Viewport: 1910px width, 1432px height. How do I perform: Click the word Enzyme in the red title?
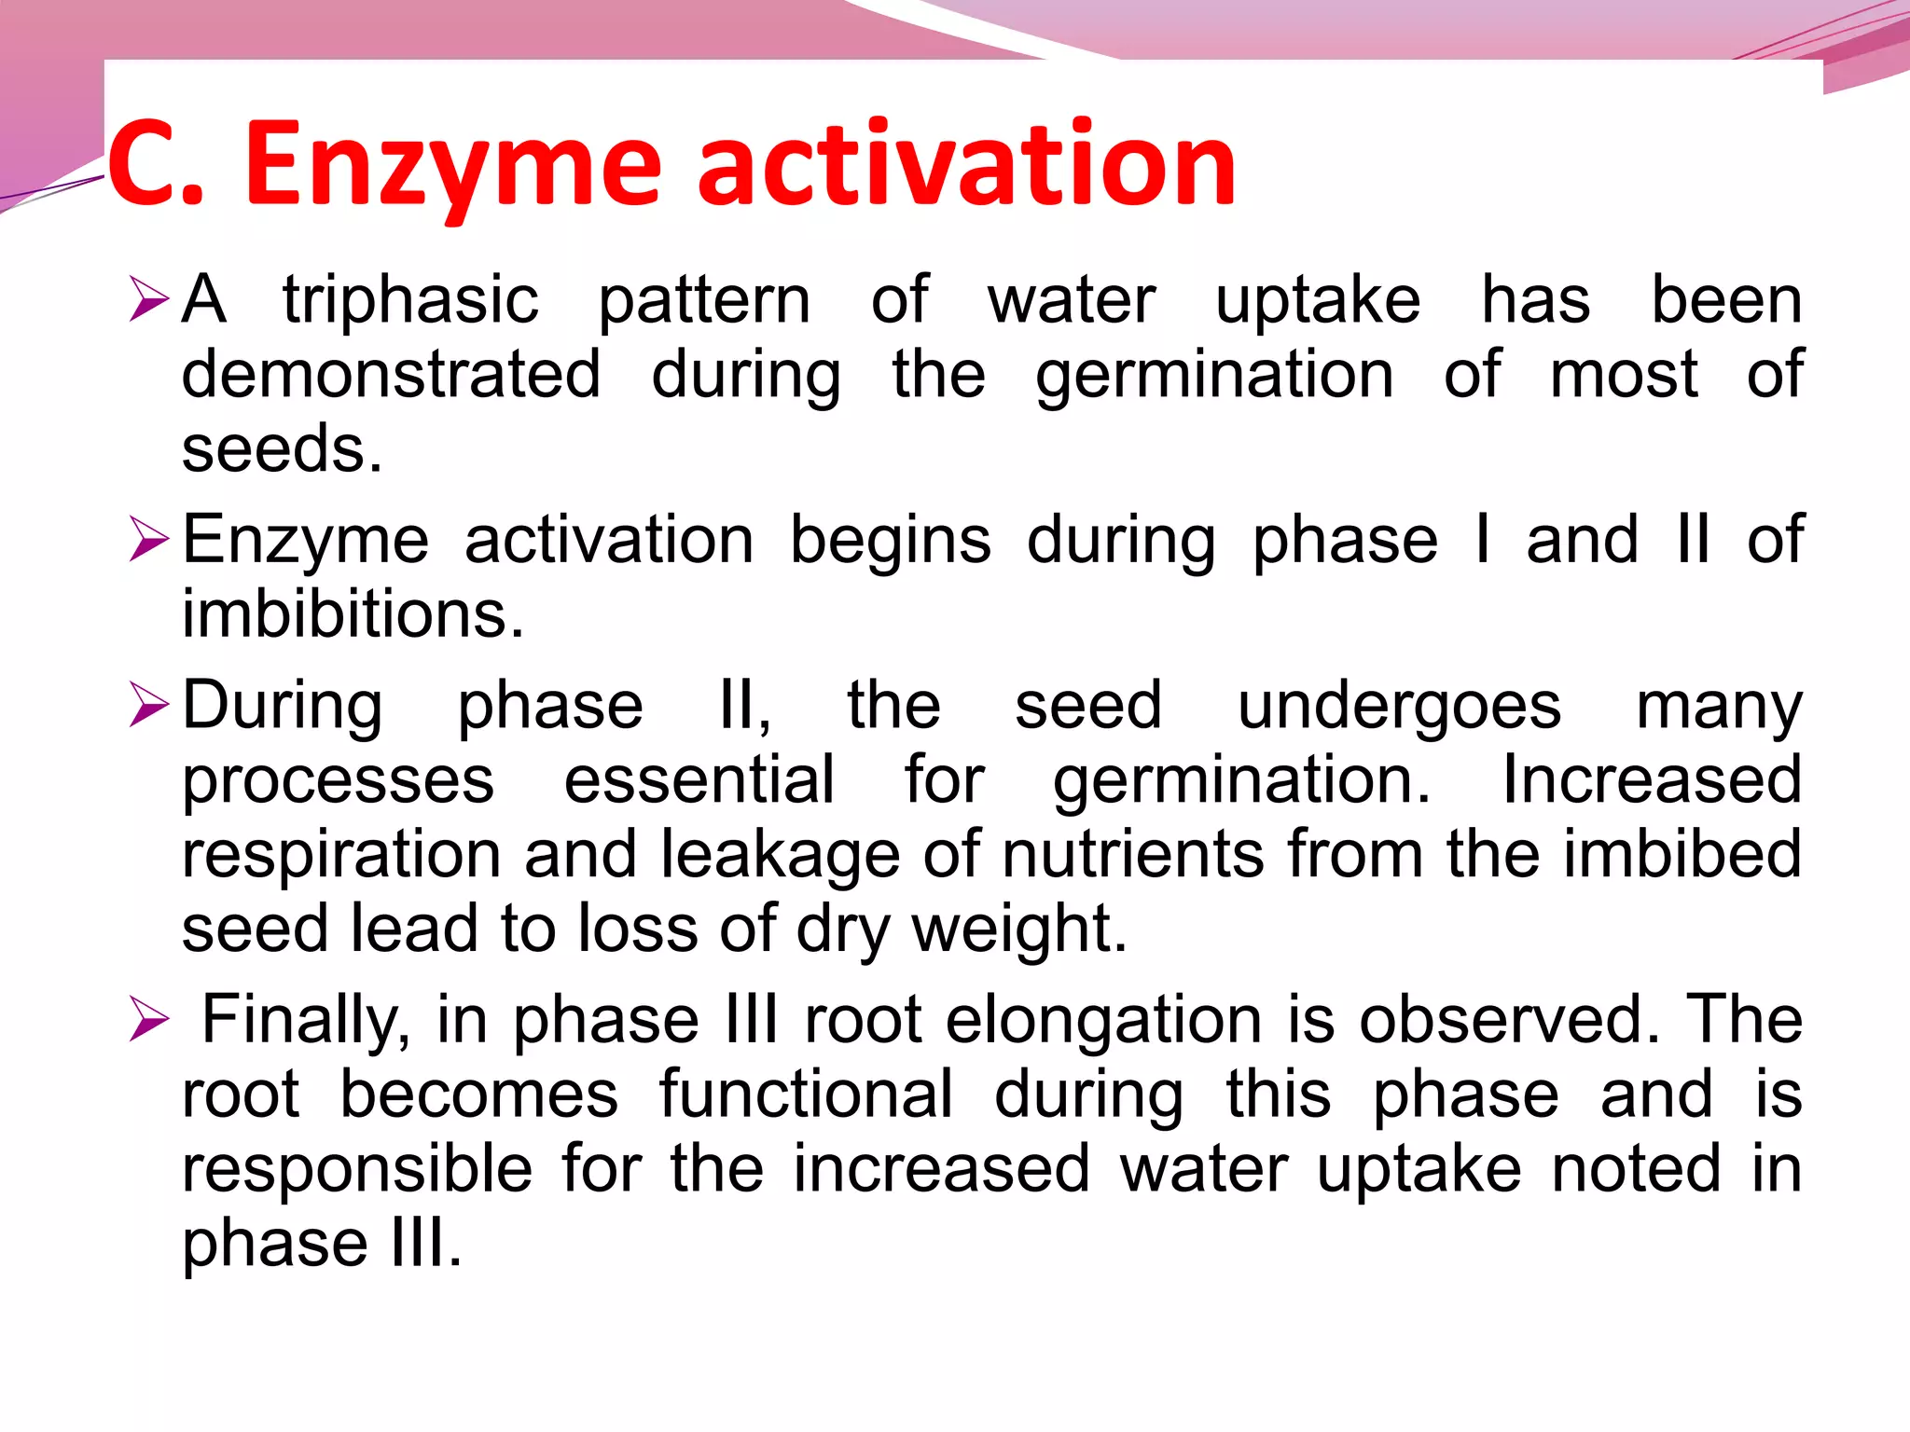[x=451, y=166]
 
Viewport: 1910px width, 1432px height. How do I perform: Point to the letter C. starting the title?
[x=155, y=166]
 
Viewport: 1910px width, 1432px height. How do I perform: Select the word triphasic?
[x=410, y=300]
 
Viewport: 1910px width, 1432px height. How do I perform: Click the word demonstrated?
[x=391, y=375]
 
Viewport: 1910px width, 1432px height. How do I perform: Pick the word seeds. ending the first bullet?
[x=282, y=449]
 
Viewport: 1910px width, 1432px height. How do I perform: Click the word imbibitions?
[x=353, y=614]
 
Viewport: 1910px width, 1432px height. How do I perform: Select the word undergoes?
[x=1399, y=706]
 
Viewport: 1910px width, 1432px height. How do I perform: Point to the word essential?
[x=699, y=780]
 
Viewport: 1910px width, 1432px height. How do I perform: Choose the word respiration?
[x=341, y=855]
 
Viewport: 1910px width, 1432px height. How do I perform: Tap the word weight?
[x=1018, y=929]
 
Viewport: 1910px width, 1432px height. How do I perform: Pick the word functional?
[x=806, y=1095]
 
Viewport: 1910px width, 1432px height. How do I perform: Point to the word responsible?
[x=357, y=1169]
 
